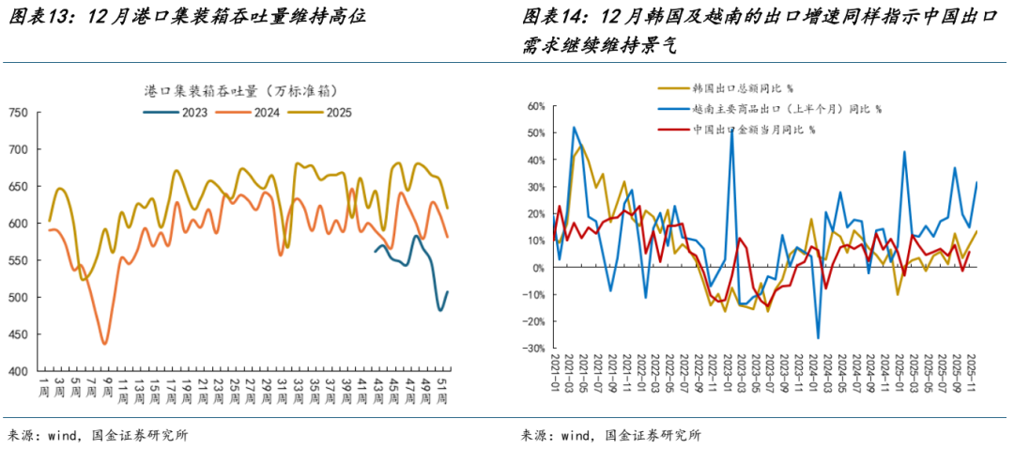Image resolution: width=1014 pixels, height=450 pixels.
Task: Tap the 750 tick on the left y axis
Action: click(x=19, y=113)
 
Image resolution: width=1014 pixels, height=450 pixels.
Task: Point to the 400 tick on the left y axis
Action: click(x=19, y=372)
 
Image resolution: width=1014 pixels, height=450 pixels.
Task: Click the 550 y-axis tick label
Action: click(x=19, y=261)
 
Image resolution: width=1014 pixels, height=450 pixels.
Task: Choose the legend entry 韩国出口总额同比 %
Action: click(x=742, y=88)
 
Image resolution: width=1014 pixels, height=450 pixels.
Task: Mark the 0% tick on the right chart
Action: click(x=536, y=269)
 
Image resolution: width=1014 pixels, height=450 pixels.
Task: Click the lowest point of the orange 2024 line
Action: click(x=104, y=344)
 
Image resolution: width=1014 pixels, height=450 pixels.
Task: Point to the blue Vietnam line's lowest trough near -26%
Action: click(x=818, y=338)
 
